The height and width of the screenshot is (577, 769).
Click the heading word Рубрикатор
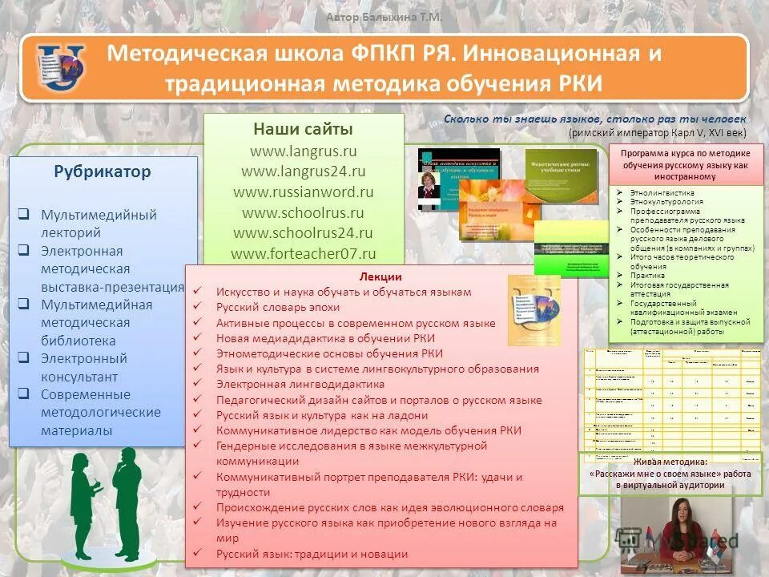[103, 171]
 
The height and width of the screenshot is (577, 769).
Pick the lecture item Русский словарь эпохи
[267, 307]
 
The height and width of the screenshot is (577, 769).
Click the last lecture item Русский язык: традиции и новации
[312, 554]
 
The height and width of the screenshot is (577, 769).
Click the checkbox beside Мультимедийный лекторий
[25, 215]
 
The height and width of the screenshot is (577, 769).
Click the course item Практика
[647, 275]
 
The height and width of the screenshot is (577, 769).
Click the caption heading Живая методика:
[670, 462]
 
